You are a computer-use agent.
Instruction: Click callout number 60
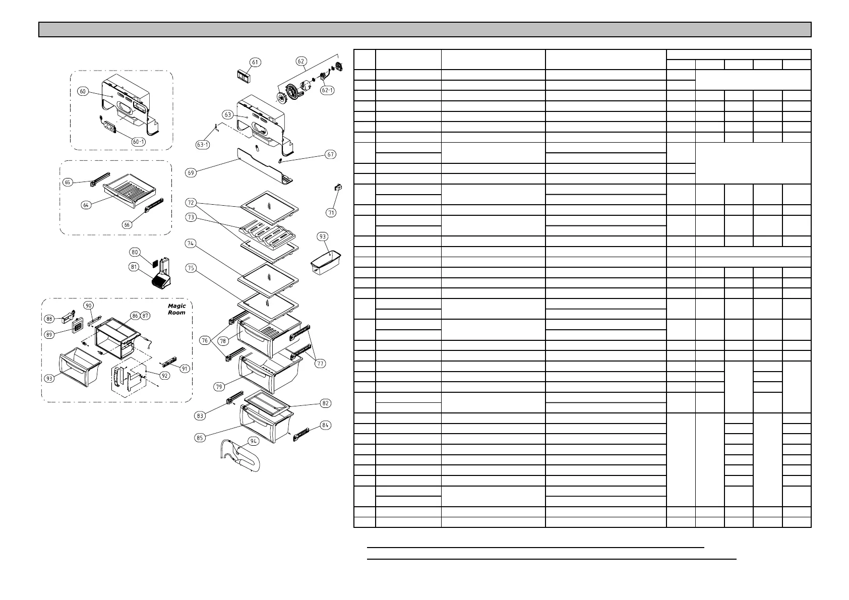point(83,91)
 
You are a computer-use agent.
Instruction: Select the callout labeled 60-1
point(138,142)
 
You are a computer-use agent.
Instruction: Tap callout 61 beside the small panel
point(256,63)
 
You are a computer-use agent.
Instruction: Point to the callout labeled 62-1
point(327,90)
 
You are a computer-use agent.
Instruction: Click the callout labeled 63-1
point(203,145)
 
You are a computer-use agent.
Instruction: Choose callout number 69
point(191,172)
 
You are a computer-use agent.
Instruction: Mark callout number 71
point(331,212)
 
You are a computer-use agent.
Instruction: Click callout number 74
point(191,244)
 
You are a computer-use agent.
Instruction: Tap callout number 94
point(253,440)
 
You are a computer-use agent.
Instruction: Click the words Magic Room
point(176,309)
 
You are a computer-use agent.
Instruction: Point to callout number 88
point(49,318)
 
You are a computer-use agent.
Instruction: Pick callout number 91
point(185,369)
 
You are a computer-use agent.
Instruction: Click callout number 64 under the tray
point(87,205)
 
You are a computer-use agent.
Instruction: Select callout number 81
point(134,267)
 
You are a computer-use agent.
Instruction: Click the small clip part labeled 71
point(338,188)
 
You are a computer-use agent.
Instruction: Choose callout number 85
point(200,438)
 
